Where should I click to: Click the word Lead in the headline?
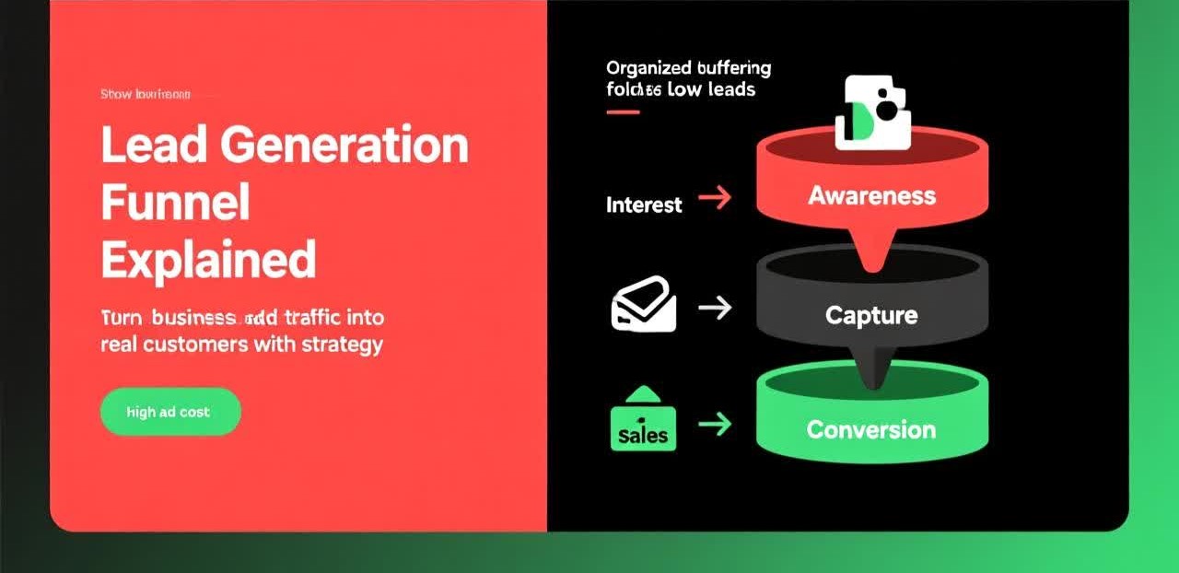pos(141,146)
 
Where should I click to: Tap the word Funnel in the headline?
pos(175,203)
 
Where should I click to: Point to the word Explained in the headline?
pos(208,260)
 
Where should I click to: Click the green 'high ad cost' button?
pos(169,412)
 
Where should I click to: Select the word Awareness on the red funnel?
pos(871,195)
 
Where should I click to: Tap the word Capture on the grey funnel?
pos(871,315)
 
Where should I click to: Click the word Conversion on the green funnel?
pos(871,429)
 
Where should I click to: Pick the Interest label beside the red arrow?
pos(644,205)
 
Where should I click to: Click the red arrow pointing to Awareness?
pos(715,196)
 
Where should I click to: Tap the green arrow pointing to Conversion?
pos(715,424)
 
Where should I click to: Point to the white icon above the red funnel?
pos(871,112)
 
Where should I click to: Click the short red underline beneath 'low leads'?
pos(623,111)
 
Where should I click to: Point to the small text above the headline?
pos(146,94)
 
